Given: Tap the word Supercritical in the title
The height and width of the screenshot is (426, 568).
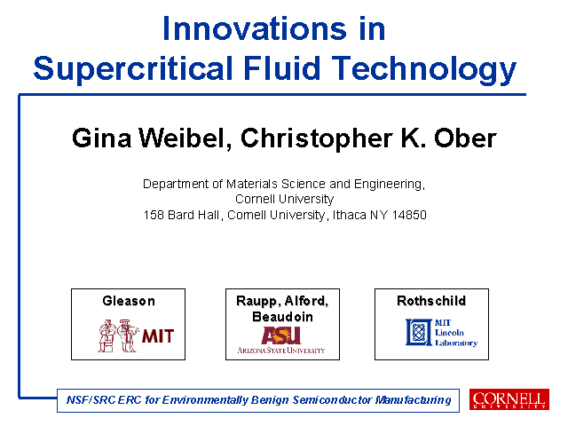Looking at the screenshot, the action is [133, 69].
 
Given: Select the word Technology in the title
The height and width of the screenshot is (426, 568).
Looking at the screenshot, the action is [424, 69].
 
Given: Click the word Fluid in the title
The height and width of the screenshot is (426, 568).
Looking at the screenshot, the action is [282, 67].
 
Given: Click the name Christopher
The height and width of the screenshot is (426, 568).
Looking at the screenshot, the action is [317, 139].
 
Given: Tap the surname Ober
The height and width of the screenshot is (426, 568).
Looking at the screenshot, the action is [465, 138].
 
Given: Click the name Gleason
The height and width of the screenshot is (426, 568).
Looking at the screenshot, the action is [129, 301].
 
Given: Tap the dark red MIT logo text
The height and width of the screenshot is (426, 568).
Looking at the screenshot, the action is [158, 336].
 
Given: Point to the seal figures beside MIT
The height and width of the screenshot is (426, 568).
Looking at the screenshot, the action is [118, 335].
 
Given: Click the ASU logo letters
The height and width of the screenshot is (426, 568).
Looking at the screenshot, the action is [281, 335].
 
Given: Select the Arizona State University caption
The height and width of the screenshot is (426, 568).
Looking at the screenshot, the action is [281, 351].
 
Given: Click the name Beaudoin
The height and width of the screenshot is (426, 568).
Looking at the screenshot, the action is [282, 317].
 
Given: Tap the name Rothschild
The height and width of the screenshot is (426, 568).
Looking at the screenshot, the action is [431, 301].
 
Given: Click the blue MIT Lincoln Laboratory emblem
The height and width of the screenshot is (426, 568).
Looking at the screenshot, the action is [419, 332].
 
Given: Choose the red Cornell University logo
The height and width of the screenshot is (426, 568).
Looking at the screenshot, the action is [509, 399].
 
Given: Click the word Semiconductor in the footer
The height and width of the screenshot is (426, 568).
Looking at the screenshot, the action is [332, 400].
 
